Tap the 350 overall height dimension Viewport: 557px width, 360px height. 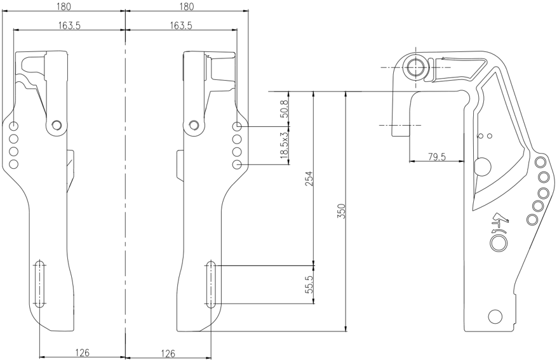coord(340,211)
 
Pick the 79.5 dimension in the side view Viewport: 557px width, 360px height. coord(436,156)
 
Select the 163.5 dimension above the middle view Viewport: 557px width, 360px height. coord(181,25)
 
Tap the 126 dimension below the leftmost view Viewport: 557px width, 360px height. coord(81,352)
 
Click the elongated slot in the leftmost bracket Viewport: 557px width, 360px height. coord(40,284)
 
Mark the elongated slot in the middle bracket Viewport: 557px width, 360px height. coord(210,284)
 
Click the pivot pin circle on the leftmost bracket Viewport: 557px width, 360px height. coord(57,125)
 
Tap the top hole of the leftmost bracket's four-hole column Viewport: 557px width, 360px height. coord(14,126)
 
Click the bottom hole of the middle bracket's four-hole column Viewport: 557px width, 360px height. coord(237,164)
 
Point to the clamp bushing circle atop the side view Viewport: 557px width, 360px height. coord(416,67)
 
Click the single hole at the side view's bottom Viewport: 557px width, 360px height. coord(495,316)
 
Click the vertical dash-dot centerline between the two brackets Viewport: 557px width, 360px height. coord(126,190)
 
